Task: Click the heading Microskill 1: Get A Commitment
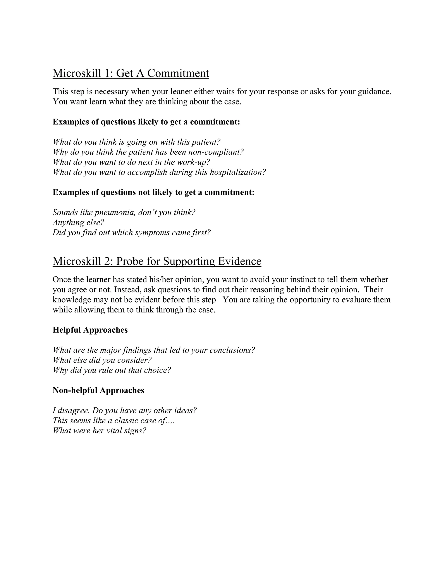click(x=131, y=73)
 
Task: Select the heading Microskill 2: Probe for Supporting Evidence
click(x=157, y=261)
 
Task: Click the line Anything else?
click(x=78, y=222)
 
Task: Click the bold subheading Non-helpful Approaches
click(x=98, y=390)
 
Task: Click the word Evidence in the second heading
click(x=239, y=261)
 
